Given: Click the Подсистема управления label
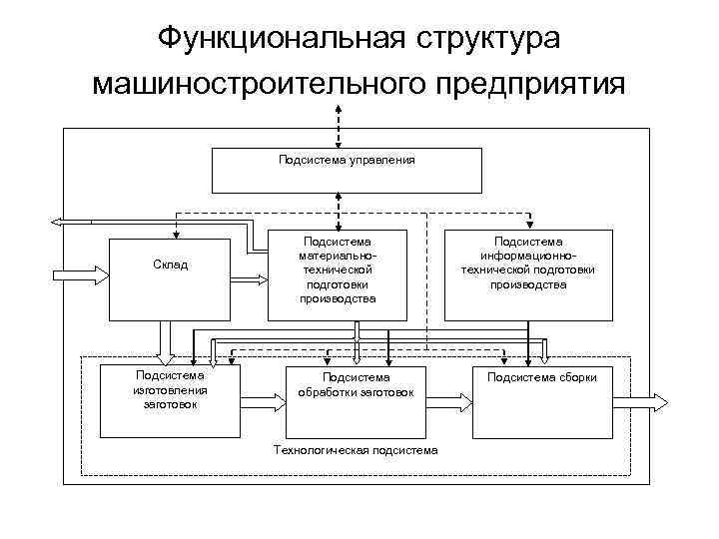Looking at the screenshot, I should pyautogui.click(x=346, y=159).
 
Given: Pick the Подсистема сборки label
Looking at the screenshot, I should pyautogui.click(x=541, y=377).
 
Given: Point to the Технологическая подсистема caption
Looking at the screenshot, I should pyautogui.click(x=355, y=449).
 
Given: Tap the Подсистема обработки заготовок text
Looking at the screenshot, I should pyautogui.click(x=356, y=385).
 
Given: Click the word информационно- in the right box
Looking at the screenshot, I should pyautogui.click(x=528, y=255).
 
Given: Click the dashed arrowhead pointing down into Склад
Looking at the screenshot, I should pyautogui.click(x=177, y=233).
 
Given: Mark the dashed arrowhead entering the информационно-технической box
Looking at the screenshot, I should pyautogui.click(x=529, y=224).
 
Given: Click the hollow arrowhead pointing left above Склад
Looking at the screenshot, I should pyautogui.click(x=58, y=221).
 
